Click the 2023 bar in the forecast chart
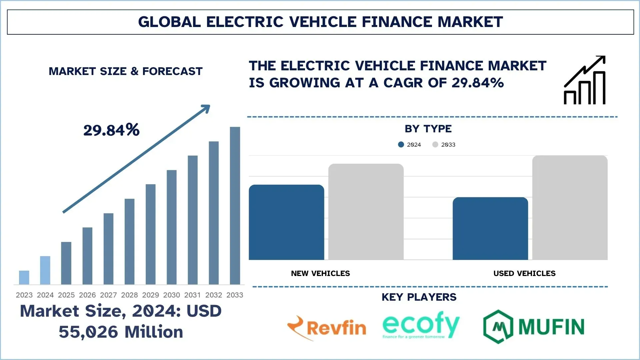click(x=24, y=277)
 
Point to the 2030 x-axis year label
click(x=172, y=295)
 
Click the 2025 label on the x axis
click(x=66, y=295)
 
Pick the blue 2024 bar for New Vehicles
click(x=286, y=222)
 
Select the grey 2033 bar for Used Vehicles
click(x=570, y=208)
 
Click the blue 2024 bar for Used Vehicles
click(x=490, y=229)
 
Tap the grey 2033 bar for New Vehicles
click(x=366, y=212)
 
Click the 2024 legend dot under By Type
click(x=401, y=144)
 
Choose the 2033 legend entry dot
click(x=435, y=144)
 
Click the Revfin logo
click(x=327, y=328)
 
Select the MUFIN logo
click(x=534, y=326)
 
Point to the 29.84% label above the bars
click(x=111, y=130)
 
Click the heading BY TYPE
click(x=428, y=129)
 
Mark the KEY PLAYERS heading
click(x=419, y=297)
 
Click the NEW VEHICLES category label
click(x=320, y=273)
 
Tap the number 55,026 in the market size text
click(x=88, y=332)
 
